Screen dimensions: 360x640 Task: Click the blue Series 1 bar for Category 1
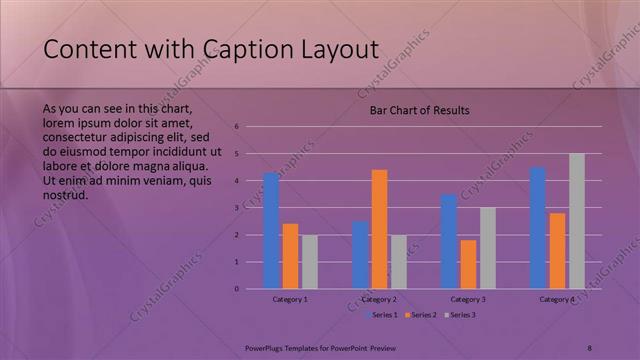(x=271, y=231)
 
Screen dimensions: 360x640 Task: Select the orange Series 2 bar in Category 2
(x=379, y=229)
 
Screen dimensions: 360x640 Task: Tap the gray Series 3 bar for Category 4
(x=577, y=221)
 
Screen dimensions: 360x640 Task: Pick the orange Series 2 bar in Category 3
(x=468, y=264)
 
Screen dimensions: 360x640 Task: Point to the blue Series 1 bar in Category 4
(x=538, y=228)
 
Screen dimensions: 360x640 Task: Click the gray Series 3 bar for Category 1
(x=310, y=262)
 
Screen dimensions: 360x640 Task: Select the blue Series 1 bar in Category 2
(x=360, y=255)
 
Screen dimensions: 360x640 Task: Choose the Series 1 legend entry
(x=384, y=315)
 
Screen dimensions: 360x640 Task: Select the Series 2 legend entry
(x=421, y=315)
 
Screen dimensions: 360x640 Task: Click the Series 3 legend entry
(x=459, y=315)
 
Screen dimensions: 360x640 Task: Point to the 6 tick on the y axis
(x=237, y=126)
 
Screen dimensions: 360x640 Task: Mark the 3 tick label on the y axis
(x=237, y=208)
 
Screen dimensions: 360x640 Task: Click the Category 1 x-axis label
(x=290, y=299)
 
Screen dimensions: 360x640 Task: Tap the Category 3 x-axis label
(x=468, y=299)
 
